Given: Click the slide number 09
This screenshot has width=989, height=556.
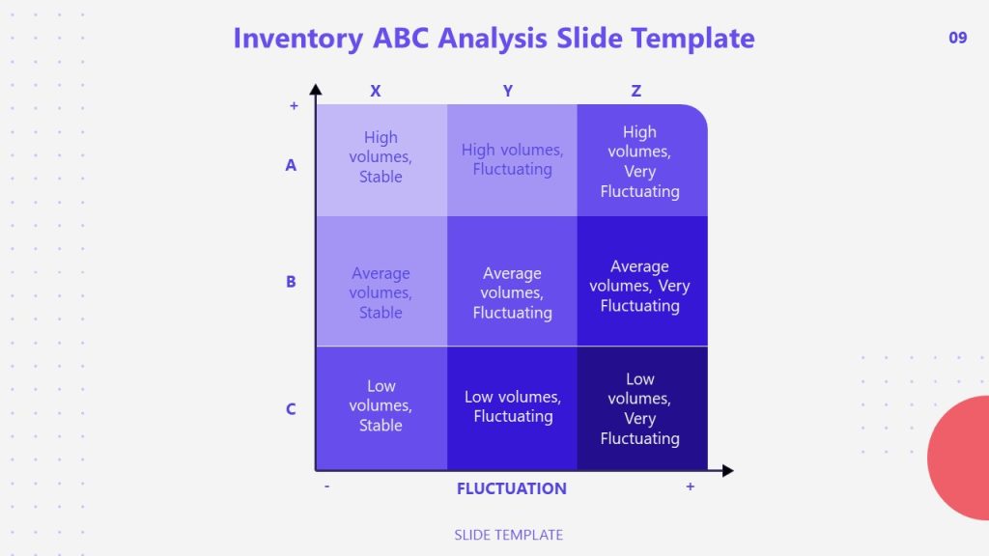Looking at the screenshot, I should [957, 39].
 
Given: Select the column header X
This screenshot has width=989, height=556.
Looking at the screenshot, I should [376, 91].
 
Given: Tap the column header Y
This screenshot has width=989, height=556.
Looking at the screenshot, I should [508, 91].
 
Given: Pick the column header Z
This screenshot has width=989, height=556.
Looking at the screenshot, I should [636, 91].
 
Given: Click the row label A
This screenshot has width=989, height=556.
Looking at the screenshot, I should [291, 165].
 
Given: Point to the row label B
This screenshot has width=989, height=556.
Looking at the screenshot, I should [291, 283].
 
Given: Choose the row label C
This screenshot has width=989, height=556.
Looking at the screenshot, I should [291, 409].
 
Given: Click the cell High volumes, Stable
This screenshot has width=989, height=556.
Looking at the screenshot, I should [381, 157].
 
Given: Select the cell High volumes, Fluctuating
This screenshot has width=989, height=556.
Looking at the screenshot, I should [512, 159].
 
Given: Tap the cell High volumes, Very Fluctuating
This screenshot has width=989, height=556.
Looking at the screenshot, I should [639, 162].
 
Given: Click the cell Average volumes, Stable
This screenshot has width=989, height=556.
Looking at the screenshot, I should [381, 292].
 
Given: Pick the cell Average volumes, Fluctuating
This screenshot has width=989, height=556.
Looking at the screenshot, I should [512, 292].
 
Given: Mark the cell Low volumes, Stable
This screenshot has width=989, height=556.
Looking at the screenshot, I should [381, 405].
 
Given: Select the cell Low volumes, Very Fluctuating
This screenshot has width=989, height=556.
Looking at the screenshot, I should [639, 408].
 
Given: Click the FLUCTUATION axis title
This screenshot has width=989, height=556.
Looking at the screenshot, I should [511, 488].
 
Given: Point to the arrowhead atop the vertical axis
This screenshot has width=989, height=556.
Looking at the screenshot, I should [316, 90].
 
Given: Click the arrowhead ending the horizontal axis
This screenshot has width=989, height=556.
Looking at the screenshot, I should [727, 470].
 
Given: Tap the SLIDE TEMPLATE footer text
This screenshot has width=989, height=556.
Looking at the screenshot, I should [508, 535].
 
